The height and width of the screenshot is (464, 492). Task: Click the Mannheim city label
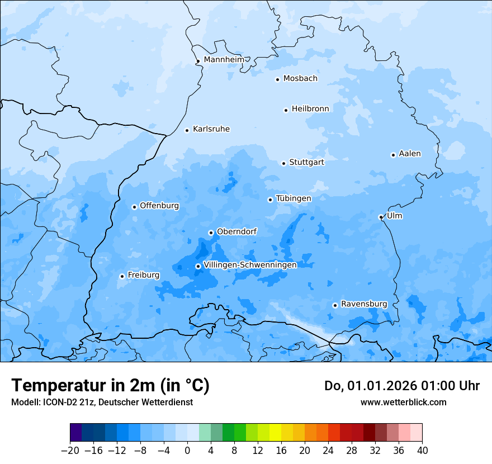click(x=224, y=60)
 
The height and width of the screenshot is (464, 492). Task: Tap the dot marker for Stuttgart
click(x=283, y=163)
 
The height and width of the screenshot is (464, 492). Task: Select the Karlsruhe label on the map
click(x=211, y=129)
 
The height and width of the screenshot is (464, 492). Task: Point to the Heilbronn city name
click(x=310, y=109)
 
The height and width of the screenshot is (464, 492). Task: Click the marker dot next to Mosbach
click(x=277, y=79)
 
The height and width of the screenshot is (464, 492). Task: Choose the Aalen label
click(x=410, y=154)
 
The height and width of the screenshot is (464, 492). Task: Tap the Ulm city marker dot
click(x=381, y=217)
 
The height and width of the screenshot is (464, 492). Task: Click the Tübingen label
click(x=294, y=198)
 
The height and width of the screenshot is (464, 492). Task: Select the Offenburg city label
click(x=159, y=206)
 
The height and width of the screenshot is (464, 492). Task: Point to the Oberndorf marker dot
click(x=211, y=233)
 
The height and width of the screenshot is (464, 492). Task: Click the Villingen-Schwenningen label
click(x=250, y=265)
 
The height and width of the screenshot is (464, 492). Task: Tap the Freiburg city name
click(x=143, y=275)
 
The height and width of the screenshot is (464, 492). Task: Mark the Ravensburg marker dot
click(x=335, y=305)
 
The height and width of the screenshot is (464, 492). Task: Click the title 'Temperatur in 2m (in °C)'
click(x=111, y=385)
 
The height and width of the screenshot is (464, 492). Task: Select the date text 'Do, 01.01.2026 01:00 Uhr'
click(x=402, y=386)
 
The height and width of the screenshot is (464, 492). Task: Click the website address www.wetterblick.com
click(x=403, y=402)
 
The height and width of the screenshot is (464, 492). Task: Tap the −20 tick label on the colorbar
click(x=70, y=451)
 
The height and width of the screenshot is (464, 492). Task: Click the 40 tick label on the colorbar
click(x=422, y=451)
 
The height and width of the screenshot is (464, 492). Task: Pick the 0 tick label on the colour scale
click(x=187, y=451)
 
